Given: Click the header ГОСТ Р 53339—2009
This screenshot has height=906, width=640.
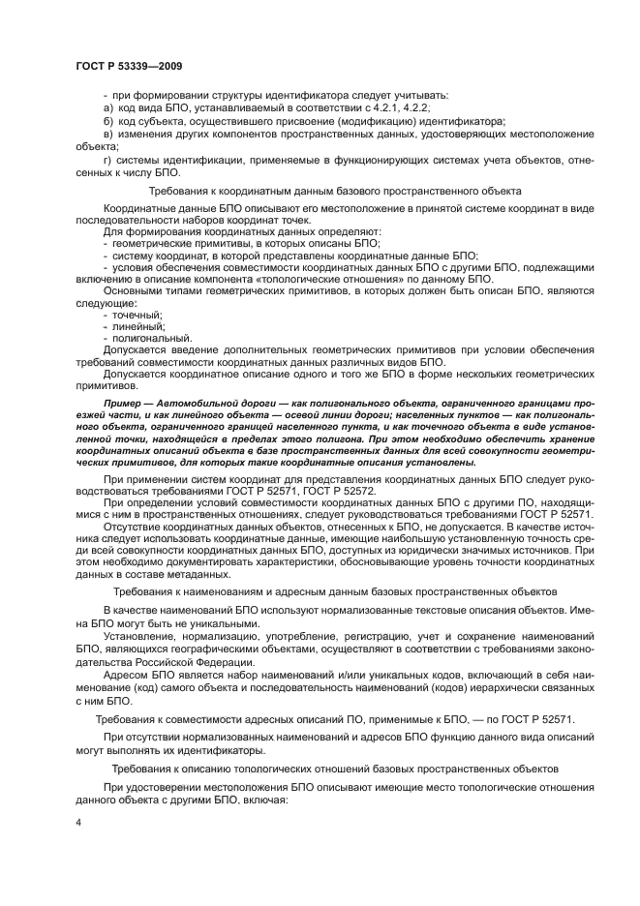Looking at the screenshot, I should (x=128, y=66).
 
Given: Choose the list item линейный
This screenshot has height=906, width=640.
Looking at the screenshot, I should (x=136, y=327).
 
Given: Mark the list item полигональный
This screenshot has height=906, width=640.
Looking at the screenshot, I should (x=143, y=339).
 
